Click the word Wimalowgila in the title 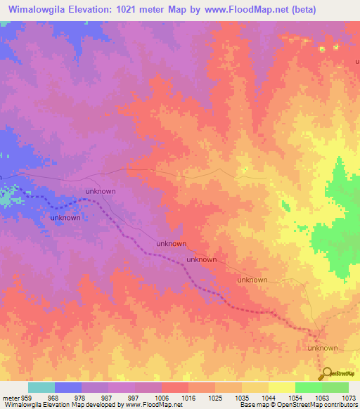39,10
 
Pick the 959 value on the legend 25,397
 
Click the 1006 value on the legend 162,397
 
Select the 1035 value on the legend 242,397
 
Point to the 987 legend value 108,397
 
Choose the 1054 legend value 295,397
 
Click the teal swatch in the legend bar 41,387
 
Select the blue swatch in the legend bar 68,387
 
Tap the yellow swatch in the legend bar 281,387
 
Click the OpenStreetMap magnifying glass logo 326,373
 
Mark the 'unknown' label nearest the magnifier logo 323,349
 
